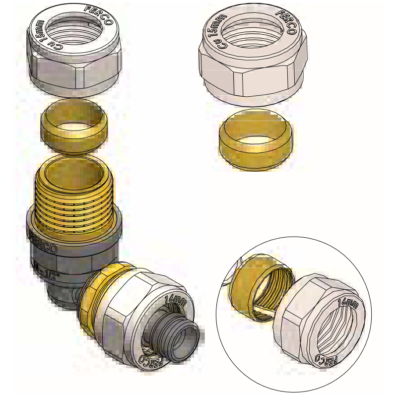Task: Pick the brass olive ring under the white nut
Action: coord(256,141)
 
